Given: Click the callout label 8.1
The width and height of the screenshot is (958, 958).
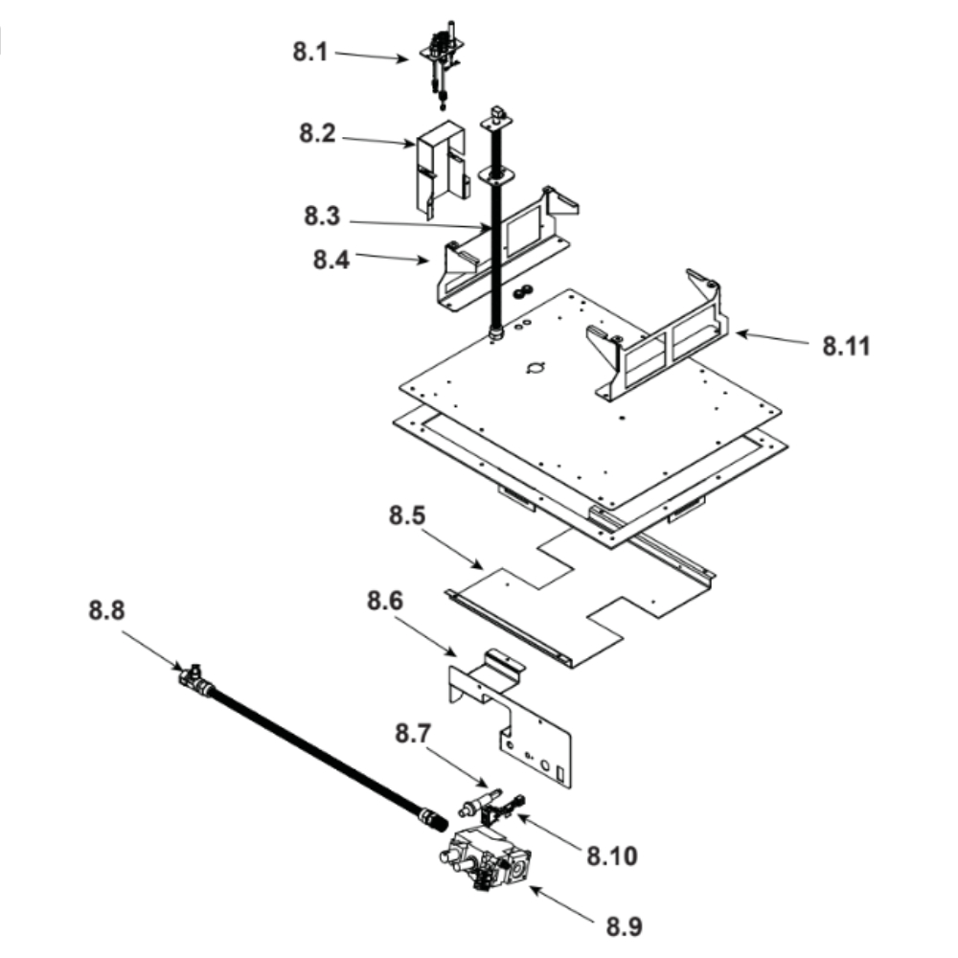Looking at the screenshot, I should tap(310, 52).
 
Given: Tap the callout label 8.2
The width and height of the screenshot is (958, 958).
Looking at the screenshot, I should tap(317, 134).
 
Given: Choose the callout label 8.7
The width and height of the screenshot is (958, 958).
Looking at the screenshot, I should tap(413, 735).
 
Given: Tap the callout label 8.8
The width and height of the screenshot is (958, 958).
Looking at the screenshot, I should tap(107, 610).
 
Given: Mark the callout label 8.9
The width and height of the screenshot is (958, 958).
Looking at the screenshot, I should tap(625, 926).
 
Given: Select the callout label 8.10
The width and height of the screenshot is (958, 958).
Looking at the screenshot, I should tap(609, 852).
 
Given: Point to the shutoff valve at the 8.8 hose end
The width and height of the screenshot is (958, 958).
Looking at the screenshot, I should tap(194, 680).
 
